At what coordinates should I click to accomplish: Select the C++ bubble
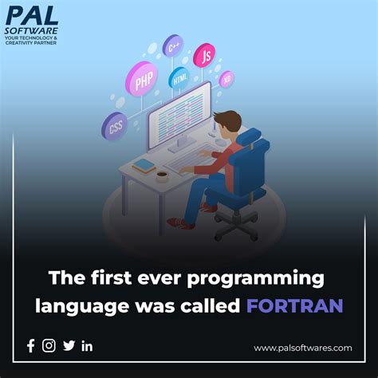172,45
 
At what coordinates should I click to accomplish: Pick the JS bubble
204,55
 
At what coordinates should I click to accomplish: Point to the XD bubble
226,78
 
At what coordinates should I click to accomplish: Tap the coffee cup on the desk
162,173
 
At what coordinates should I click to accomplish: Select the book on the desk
144,166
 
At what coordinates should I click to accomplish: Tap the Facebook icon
31,345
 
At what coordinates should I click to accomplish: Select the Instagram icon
49,345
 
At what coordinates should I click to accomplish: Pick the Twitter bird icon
69,345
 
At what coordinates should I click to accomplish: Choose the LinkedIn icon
88,345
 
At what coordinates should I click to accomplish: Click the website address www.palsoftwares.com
303,348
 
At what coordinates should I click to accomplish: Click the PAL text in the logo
32,17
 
